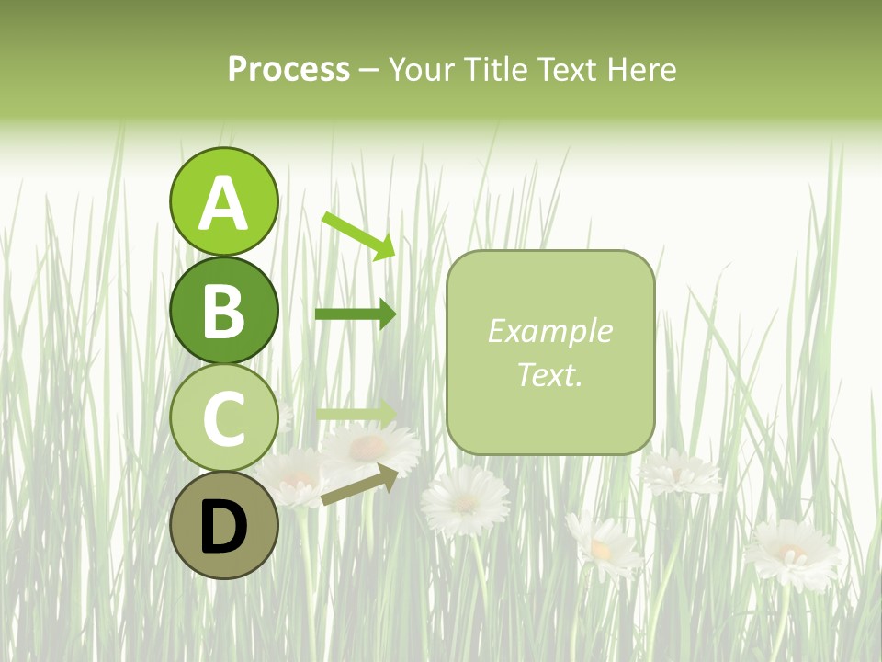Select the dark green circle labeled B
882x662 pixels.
224,310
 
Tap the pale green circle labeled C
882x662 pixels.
224,418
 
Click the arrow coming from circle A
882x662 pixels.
359,234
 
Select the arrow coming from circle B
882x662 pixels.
356,314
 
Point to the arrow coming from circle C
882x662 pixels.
356,414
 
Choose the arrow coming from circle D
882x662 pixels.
359,485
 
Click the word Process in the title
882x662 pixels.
288,70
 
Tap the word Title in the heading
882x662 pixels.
495,70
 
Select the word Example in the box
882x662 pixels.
549,331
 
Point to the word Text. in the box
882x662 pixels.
549,374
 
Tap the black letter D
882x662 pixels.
224,528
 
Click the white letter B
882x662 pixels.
224,311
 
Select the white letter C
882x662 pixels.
224,419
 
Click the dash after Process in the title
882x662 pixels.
369,71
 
